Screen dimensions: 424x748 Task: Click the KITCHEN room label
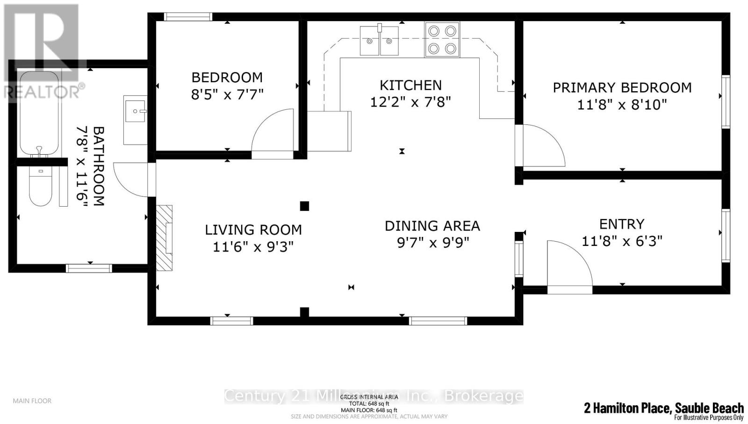click(x=410, y=85)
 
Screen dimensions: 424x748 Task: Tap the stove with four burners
click(x=442, y=40)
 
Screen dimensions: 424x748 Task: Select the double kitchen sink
click(x=379, y=41)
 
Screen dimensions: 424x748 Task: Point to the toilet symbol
click(x=40, y=187)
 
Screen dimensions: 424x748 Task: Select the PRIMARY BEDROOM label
click(x=622, y=87)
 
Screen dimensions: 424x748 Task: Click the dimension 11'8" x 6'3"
click(x=622, y=241)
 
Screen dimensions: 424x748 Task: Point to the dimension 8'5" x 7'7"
click(x=227, y=94)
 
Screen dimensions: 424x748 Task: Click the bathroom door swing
click(x=131, y=179)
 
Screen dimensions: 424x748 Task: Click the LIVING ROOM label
click(x=253, y=230)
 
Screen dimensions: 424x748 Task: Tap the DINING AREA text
click(x=432, y=226)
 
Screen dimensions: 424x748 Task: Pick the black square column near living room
click(x=304, y=206)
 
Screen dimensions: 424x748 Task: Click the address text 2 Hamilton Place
click(x=626, y=408)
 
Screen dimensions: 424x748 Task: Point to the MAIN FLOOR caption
click(x=32, y=401)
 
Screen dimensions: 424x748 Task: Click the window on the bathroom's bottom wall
click(x=89, y=268)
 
